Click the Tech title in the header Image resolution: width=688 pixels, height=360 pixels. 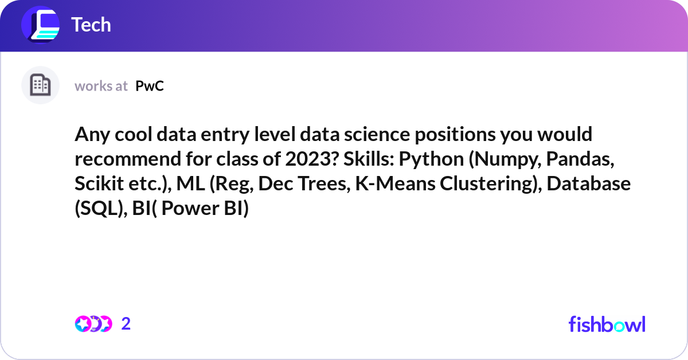(x=91, y=25)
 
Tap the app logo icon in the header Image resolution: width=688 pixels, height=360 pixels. (x=41, y=25)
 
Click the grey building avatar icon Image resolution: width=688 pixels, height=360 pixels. (x=40, y=85)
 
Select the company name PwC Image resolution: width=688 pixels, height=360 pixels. (x=150, y=86)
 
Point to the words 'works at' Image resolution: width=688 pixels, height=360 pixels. (x=101, y=86)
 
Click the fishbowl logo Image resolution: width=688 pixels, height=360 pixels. (x=607, y=324)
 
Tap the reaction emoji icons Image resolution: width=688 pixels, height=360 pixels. (x=93, y=324)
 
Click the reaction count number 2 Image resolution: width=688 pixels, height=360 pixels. (x=126, y=324)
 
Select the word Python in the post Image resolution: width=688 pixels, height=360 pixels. (x=432, y=160)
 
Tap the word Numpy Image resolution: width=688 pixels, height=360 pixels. (x=500, y=160)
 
